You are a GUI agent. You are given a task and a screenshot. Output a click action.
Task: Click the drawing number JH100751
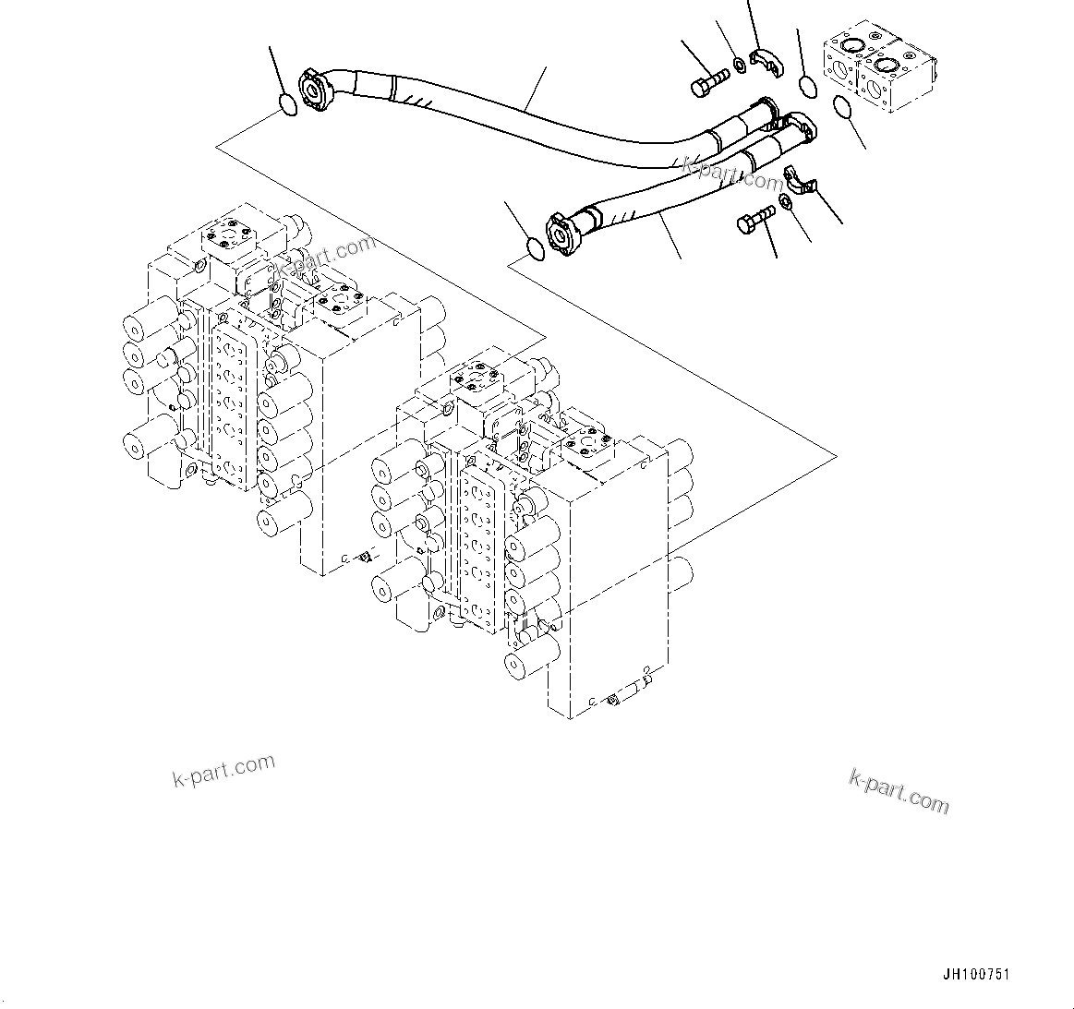pos(976,975)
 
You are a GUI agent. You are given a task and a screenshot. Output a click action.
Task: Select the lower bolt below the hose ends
pos(754,221)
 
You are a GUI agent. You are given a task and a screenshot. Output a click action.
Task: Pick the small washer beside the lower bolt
pos(784,201)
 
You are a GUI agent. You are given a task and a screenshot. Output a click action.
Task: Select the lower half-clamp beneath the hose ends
pos(801,182)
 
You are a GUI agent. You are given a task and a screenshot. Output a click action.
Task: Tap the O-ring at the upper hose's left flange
pos(288,105)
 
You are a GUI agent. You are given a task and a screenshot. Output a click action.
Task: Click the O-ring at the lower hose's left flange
pos(533,246)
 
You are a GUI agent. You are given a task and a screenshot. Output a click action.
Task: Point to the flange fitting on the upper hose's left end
pos(312,88)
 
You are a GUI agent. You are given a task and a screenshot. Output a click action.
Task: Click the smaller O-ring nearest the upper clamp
pos(806,87)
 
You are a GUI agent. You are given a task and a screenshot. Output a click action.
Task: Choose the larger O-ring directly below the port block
pos(843,107)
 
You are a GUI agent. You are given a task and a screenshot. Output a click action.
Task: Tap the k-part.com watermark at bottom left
pos(223,771)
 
